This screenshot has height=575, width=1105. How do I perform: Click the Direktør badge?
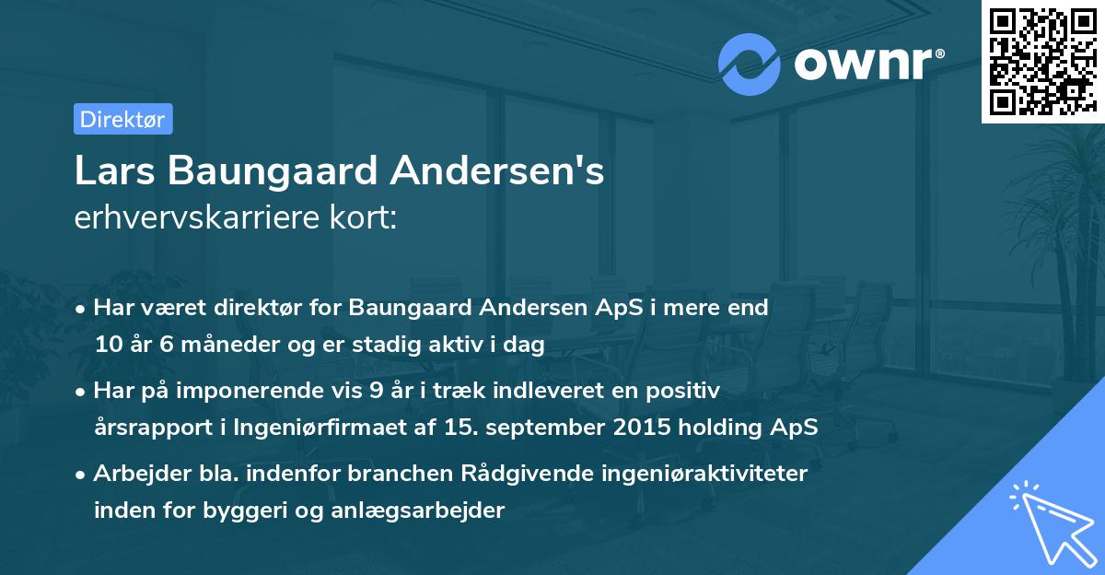pos(122,119)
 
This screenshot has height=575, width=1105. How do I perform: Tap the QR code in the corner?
pos(1042,61)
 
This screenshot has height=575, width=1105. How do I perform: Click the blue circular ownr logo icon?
pos(749,64)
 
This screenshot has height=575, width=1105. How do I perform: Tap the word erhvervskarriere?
pos(188,217)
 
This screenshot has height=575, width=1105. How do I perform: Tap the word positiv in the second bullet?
pos(686,391)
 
